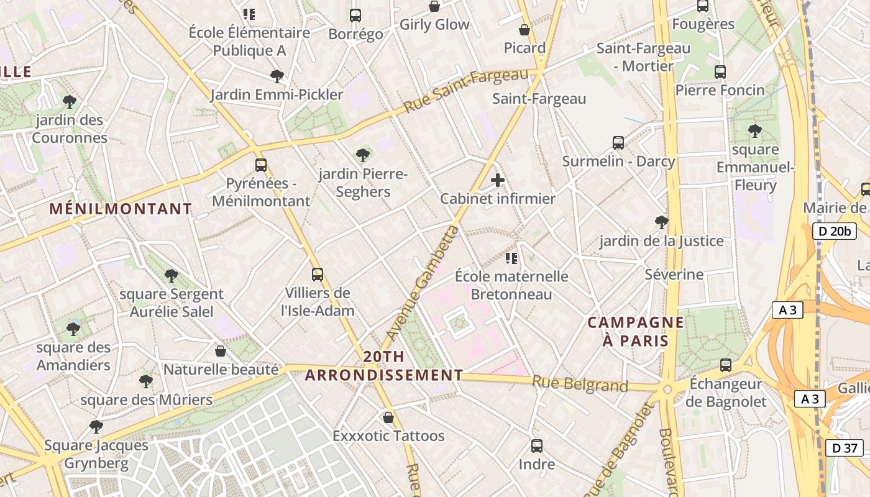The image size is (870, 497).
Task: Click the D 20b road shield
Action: (835, 232)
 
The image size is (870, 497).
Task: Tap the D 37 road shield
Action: (845, 447)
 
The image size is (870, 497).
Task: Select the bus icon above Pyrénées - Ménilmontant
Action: (261, 165)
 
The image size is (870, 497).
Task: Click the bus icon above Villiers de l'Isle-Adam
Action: (318, 274)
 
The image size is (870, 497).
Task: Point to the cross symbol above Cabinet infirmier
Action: (498, 180)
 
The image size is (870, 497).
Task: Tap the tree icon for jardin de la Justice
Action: (662, 222)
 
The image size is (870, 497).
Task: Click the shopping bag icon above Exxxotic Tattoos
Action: (388, 417)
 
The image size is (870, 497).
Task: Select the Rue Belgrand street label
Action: (580, 385)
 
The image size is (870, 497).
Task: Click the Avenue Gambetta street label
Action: (423, 283)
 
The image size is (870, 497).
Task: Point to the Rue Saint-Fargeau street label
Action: (466, 91)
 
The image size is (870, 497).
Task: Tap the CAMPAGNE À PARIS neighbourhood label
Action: (635, 332)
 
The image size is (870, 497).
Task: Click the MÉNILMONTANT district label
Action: (121, 209)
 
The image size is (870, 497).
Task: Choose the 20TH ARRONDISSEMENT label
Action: (384, 366)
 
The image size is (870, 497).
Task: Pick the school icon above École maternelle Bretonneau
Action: (511, 258)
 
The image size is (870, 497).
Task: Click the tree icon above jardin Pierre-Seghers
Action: (363, 155)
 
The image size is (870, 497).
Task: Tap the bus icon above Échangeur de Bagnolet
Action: (725, 365)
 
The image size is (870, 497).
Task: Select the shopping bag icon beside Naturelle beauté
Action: (220, 352)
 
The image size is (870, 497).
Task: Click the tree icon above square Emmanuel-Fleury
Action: (755, 131)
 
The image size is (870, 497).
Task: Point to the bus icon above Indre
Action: (537, 446)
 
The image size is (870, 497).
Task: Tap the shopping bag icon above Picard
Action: (524, 30)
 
